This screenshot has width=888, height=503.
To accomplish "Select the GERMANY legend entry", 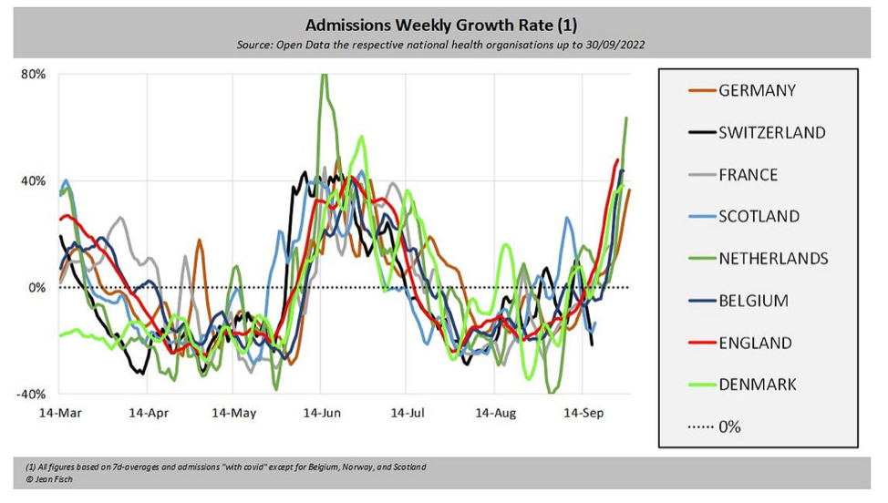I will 757,90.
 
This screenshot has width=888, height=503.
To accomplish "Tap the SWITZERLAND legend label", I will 771,132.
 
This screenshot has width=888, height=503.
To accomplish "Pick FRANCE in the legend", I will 748,174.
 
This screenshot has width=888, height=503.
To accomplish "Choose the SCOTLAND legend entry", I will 759,216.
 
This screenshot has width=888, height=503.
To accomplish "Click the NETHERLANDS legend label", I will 773,259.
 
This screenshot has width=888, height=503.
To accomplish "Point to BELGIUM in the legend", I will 753,301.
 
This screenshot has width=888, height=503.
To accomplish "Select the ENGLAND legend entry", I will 754,343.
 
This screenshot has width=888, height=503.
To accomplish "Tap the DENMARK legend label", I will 757,385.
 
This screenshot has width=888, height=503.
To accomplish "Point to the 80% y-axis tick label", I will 34,74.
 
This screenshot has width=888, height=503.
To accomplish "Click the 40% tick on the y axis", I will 34,180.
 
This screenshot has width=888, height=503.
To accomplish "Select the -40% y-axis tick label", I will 32,395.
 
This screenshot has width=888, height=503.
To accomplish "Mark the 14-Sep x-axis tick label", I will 583,413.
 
